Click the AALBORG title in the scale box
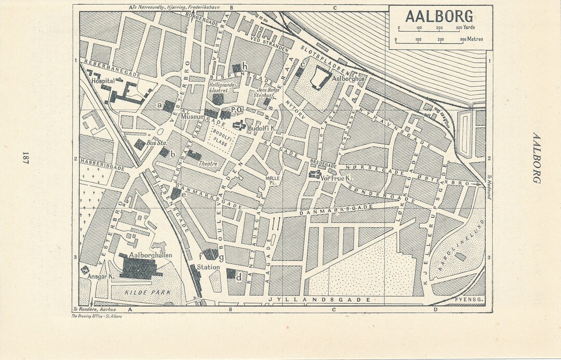pyautogui.click(x=439, y=16)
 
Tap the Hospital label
pyautogui.click(x=102, y=82)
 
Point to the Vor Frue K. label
pyautogui.click(x=333, y=177)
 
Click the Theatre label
pyautogui.click(x=208, y=163)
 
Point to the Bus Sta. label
pyautogui.click(x=153, y=142)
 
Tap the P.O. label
pyautogui.click(x=237, y=110)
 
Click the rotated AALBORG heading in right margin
pyautogui.click(x=537, y=157)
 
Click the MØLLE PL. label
pyautogui.click(x=272, y=180)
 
